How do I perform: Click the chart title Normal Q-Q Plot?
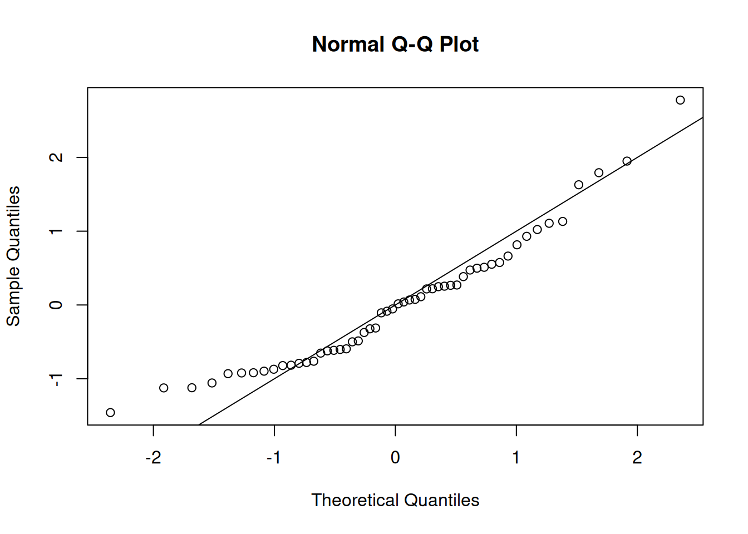(395, 44)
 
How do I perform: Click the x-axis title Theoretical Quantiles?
(395, 500)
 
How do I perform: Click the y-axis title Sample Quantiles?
(13, 256)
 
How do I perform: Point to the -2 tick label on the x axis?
(153, 458)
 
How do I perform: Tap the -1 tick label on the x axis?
(273, 458)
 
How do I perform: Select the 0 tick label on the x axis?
(395, 458)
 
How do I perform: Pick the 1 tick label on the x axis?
(516, 458)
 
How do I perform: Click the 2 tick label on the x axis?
(637, 458)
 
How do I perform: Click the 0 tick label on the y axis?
(56, 305)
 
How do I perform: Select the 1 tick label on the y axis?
(56, 231)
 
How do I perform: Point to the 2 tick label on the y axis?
(56, 157)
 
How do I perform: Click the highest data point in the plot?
(680, 100)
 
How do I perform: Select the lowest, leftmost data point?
(110, 412)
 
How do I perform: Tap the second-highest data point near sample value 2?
(627, 161)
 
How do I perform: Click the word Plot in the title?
(459, 44)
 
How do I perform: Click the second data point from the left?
(164, 388)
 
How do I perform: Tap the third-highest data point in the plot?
(599, 172)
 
